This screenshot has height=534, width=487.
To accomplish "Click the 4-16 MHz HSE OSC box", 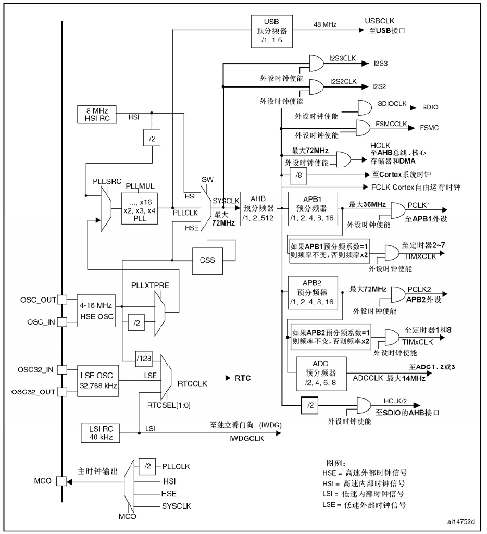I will click(x=95, y=311).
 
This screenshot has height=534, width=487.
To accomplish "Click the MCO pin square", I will click(x=61, y=481).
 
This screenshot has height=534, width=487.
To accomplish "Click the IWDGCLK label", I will click(x=246, y=439).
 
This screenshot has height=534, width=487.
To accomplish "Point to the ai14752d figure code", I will click(x=461, y=520).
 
